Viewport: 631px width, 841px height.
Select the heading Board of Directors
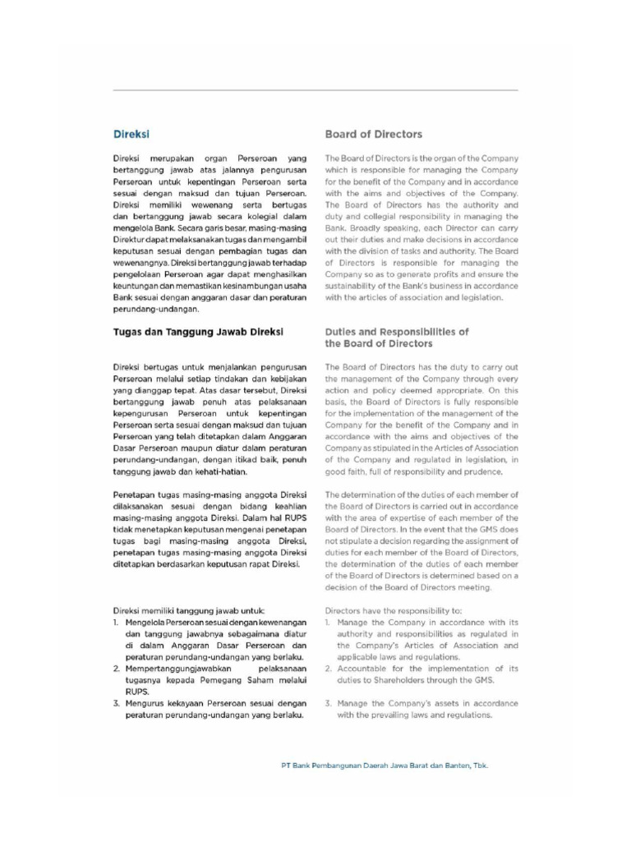click(x=373, y=134)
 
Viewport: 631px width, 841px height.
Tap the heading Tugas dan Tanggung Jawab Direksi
click(x=198, y=332)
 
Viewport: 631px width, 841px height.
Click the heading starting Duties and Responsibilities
click(x=397, y=332)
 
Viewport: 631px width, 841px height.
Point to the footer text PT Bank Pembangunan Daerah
click(x=385, y=764)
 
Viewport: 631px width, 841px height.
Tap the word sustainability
click(x=361, y=286)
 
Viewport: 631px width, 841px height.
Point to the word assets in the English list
click(x=458, y=703)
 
